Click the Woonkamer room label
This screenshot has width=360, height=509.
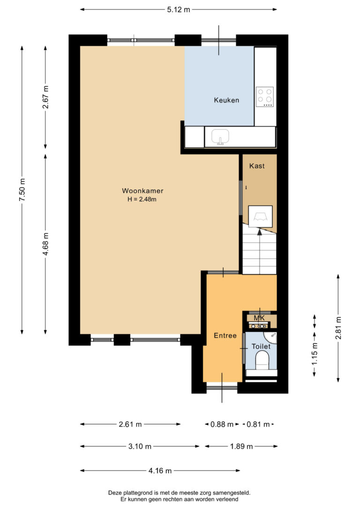pyautogui.click(x=142, y=191)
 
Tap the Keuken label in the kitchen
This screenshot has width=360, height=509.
pyautogui.click(x=226, y=100)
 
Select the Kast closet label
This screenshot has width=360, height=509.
pyautogui.click(x=257, y=166)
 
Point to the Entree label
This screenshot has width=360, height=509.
pyautogui.click(x=225, y=336)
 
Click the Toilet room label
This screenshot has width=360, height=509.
pyautogui.click(x=261, y=346)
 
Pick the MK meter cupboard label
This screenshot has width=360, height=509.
pyautogui.click(x=259, y=318)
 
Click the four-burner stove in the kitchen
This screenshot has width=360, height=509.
pyautogui.click(x=264, y=97)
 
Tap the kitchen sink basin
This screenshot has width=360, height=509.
pyautogui.click(x=220, y=137)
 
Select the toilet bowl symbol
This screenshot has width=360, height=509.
pyautogui.click(x=262, y=362)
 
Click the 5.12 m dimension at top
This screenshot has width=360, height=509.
pyautogui.click(x=179, y=9)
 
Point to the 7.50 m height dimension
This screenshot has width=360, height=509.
pyautogui.click(x=22, y=190)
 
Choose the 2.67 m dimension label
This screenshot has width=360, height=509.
pyautogui.click(x=46, y=97)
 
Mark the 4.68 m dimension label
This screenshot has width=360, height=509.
pyautogui.click(x=46, y=244)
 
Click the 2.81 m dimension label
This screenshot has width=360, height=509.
pyautogui.click(x=338, y=328)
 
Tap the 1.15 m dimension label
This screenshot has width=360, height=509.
pyautogui.click(x=315, y=353)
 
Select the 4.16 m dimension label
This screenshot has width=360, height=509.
pyautogui.click(x=160, y=471)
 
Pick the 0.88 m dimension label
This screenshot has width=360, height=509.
pyautogui.click(x=222, y=424)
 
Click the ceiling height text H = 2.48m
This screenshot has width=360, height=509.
pyautogui.click(x=142, y=199)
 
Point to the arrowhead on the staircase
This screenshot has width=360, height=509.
pyautogui.click(x=259, y=232)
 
